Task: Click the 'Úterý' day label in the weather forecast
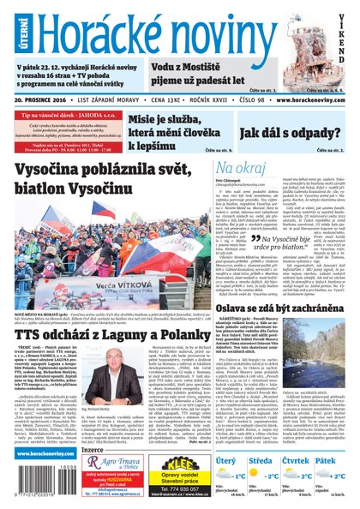coord(226,460)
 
